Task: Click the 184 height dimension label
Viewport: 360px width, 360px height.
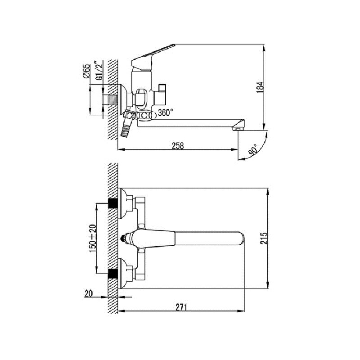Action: (x=260, y=87)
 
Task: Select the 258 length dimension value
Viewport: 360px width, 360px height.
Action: (x=178, y=146)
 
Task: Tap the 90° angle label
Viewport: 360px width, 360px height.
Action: (x=253, y=150)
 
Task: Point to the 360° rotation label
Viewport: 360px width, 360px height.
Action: (x=166, y=113)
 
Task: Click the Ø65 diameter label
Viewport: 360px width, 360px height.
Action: (x=86, y=71)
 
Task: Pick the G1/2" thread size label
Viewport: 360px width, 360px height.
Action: (x=99, y=71)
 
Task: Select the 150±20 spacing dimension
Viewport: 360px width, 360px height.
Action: (x=93, y=238)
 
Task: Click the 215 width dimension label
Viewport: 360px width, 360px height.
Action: (x=264, y=238)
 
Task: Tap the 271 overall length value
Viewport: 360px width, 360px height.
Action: (x=181, y=307)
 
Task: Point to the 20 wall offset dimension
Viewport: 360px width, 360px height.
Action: (x=89, y=293)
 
